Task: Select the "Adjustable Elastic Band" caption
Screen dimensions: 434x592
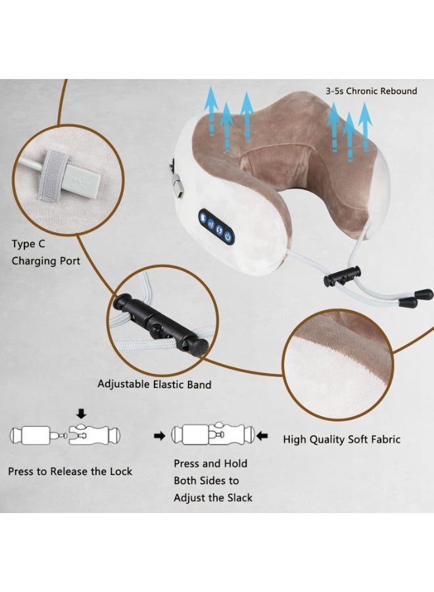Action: pyautogui.click(x=155, y=383)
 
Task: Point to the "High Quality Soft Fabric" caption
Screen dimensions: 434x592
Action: pyautogui.click(x=341, y=439)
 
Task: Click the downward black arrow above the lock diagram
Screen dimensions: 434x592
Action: pyautogui.click(x=82, y=413)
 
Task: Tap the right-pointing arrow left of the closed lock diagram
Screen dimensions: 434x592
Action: pyautogui.click(x=158, y=435)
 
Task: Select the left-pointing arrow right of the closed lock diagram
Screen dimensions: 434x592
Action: pyautogui.click(x=264, y=435)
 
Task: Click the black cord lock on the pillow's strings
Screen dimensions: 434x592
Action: pyautogui.click(x=343, y=276)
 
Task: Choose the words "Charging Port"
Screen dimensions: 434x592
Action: pyautogui.click(x=46, y=261)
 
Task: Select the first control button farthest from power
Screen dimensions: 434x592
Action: pyautogui.click(x=204, y=216)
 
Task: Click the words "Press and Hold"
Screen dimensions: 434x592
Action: pyautogui.click(x=210, y=463)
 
